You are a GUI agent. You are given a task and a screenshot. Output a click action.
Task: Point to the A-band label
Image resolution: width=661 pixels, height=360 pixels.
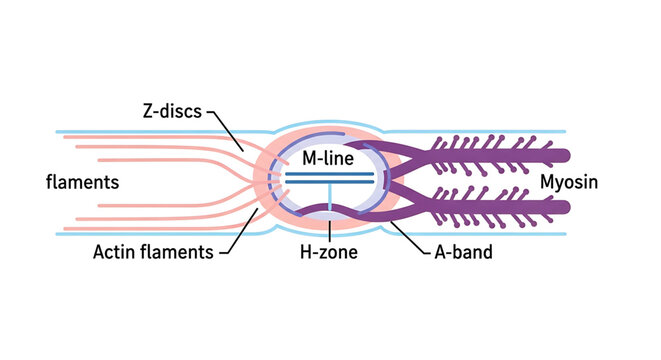[458, 253]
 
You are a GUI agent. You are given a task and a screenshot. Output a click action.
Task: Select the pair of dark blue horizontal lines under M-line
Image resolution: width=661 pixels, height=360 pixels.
[329, 178]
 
